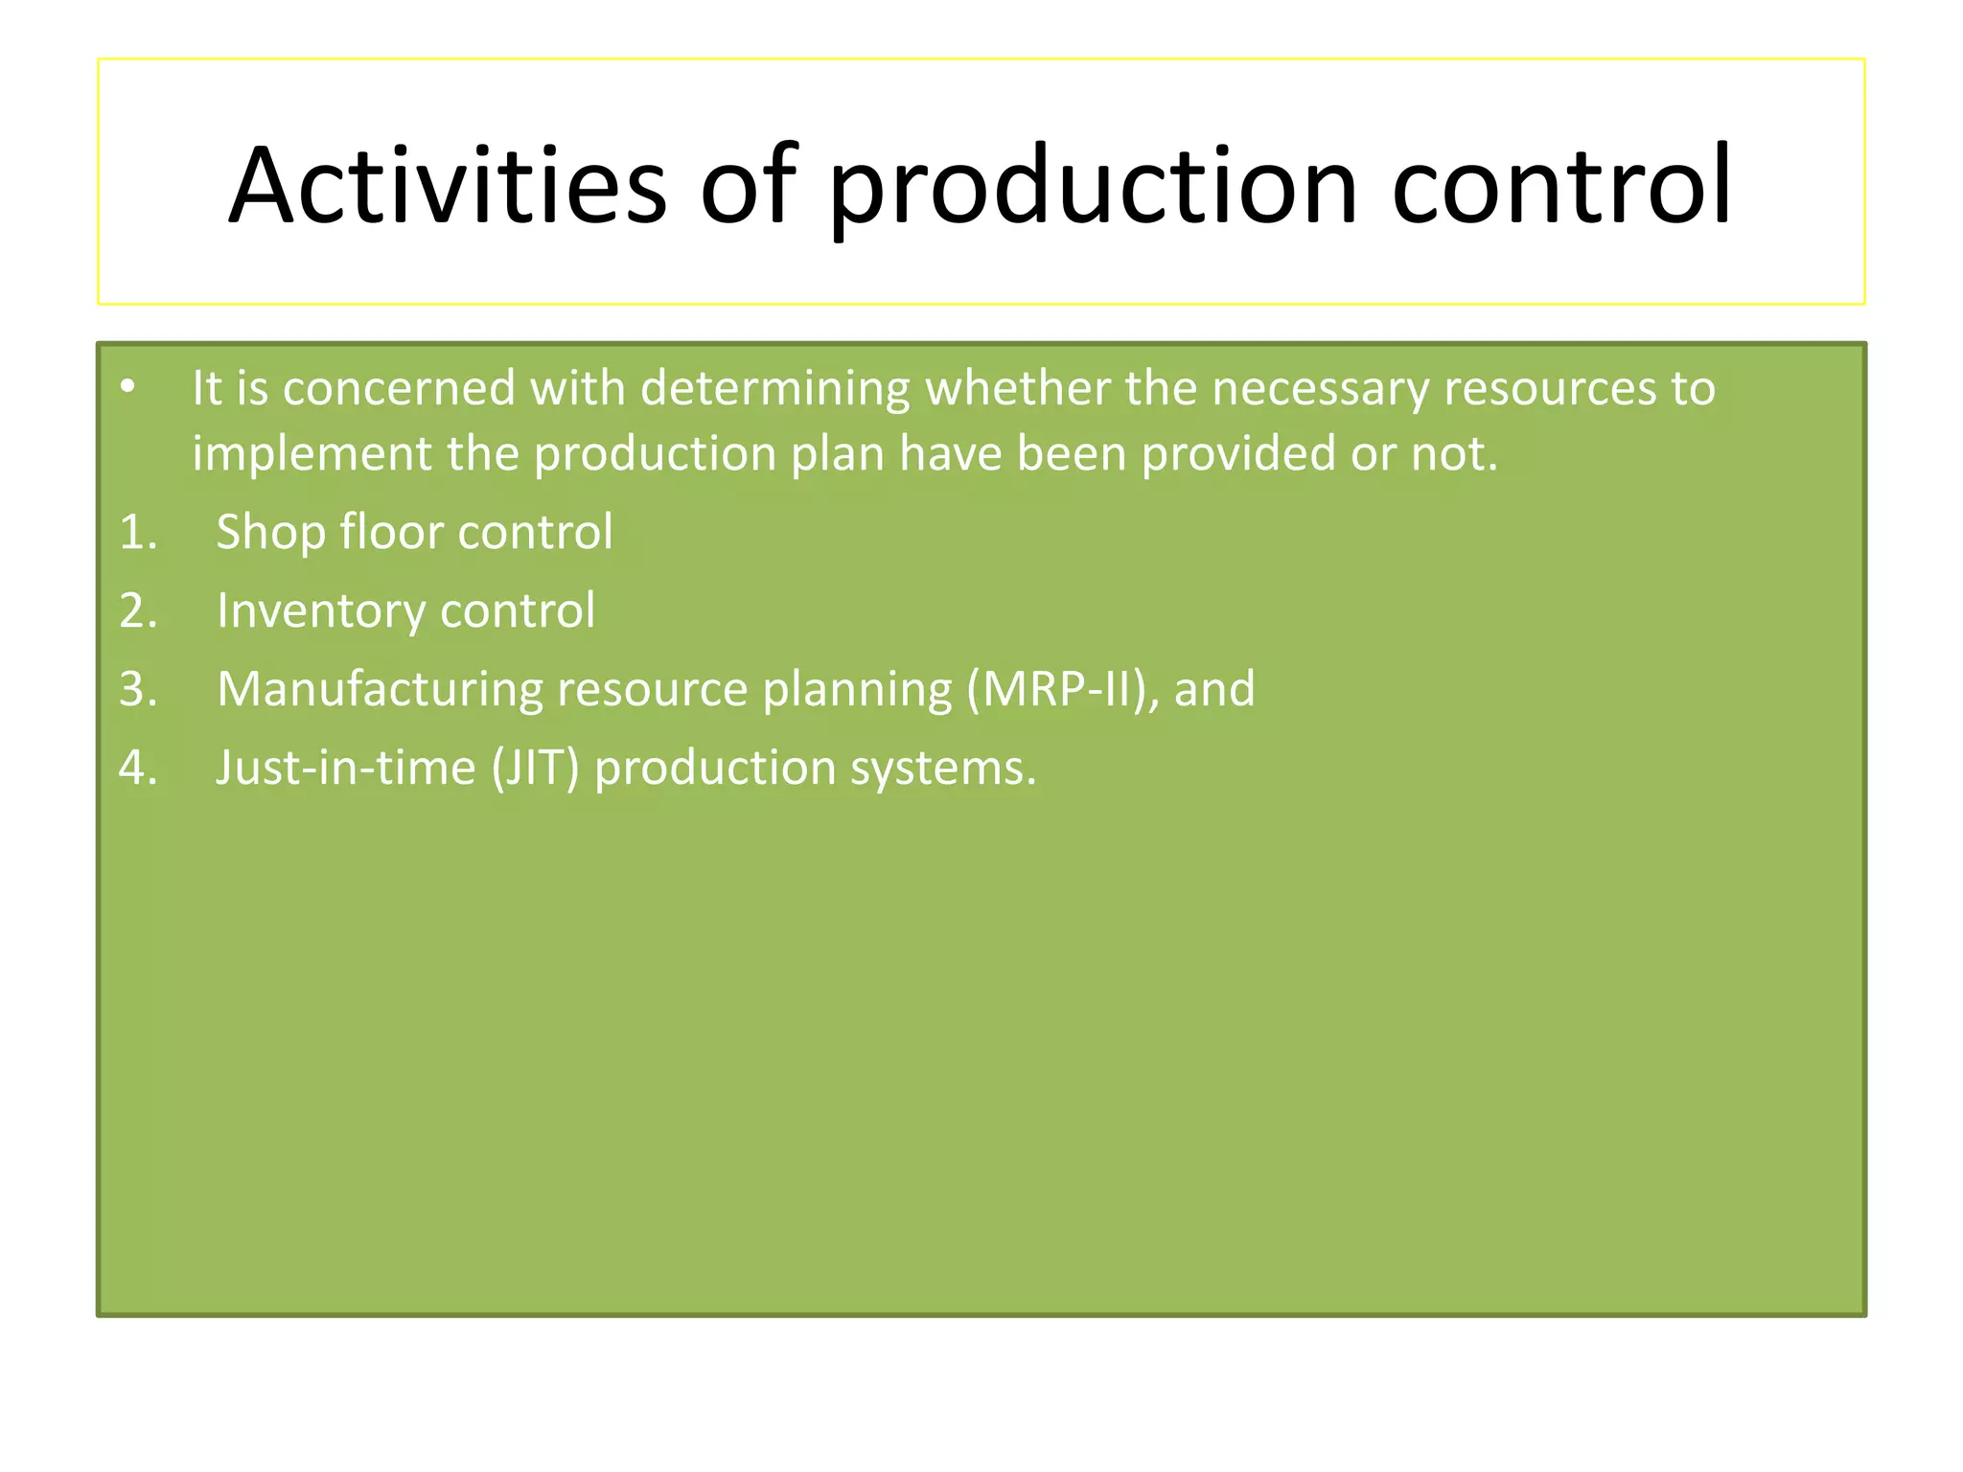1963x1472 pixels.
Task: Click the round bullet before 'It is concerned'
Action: pos(128,387)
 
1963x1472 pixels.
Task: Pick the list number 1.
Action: pos(137,532)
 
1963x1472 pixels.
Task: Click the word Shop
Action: pos(270,533)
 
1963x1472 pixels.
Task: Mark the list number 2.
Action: pos(137,610)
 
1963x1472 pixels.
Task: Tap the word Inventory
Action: pos(320,611)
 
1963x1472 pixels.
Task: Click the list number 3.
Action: pos(137,689)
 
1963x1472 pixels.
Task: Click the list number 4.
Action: pos(137,768)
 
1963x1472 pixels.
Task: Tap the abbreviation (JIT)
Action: pos(535,769)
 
